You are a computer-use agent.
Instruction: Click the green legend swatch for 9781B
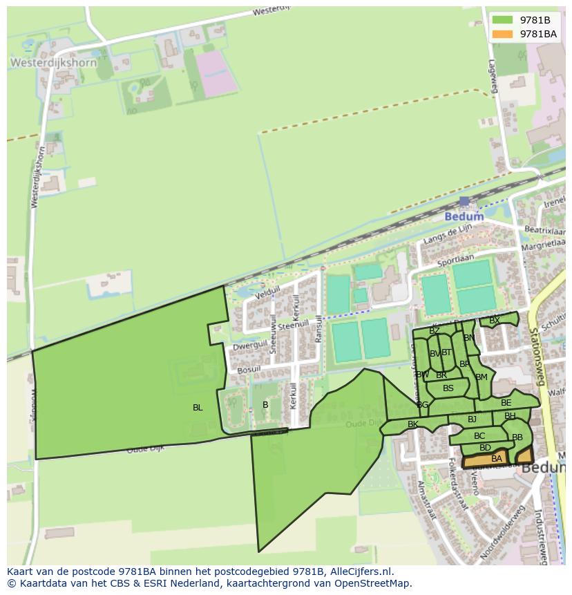(503, 20)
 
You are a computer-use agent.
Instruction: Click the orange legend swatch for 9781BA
(503, 34)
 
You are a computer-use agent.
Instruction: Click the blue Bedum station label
(464, 216)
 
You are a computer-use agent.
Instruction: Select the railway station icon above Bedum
(464, 201)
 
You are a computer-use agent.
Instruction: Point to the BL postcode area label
(198, 408)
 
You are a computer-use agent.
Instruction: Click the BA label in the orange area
(497, 459)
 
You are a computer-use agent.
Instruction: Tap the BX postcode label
(494, 321)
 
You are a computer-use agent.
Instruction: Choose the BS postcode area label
(448, 388)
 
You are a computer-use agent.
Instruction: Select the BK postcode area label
(413, 424)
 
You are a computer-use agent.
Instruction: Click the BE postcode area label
(506, 403)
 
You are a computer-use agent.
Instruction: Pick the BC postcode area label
(479, 436)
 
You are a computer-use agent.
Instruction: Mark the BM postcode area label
(482, 377)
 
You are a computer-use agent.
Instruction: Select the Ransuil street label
(319, 328)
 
